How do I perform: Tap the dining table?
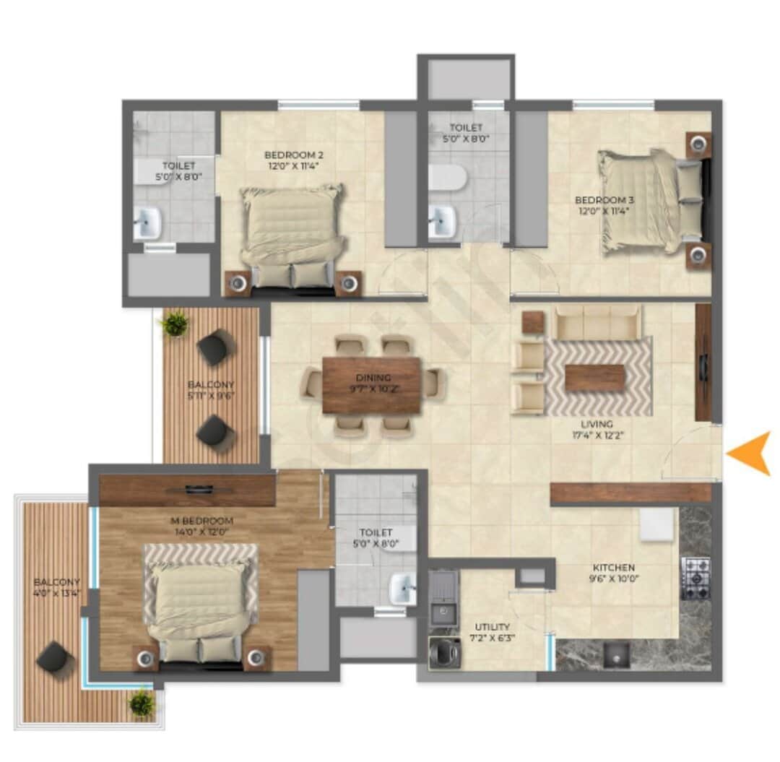click(371, 385)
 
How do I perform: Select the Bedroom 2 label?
click(292, 160)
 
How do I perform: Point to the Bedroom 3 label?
click(603, 204)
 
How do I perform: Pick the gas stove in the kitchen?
click(696, 578)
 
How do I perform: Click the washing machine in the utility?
click(441, 653)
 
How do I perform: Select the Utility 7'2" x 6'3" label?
click(492, 632)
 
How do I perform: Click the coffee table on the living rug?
click(594, 378)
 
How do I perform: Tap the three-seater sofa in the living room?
click(597, 322)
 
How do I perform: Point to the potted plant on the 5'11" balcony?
click(175, 324)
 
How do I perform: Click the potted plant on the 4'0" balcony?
click(142, 702)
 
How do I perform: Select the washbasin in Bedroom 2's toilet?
click(147, 223)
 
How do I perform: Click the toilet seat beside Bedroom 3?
click(446, 177)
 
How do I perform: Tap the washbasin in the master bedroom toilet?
click(402, 588)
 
